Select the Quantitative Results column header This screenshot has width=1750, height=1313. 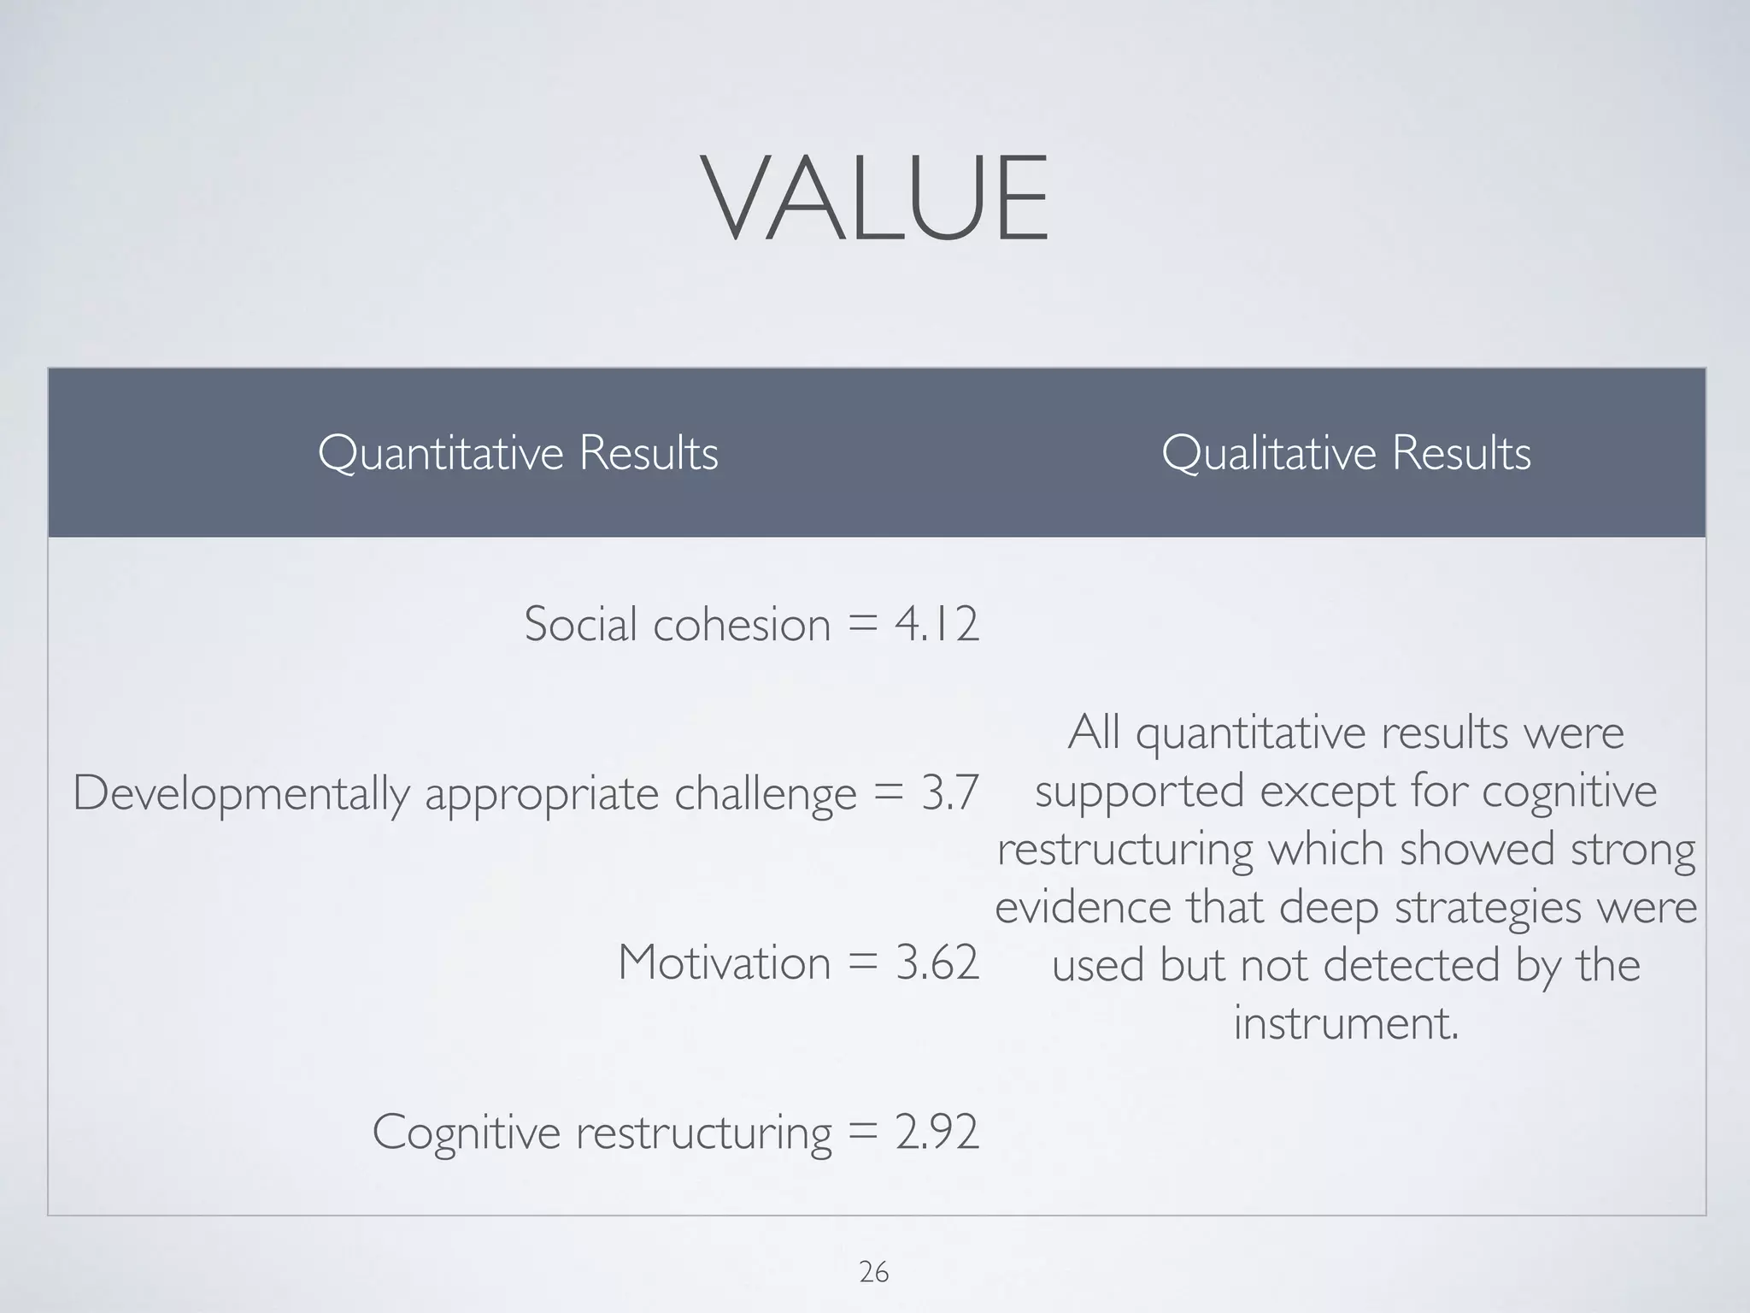(x=518, y=452)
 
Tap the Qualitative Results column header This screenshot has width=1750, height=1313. (x=1346, y=452)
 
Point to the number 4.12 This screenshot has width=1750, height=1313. (x=937, y=624)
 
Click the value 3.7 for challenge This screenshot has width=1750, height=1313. (x=949, y=793)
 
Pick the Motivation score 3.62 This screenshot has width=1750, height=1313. (x=937, y=963)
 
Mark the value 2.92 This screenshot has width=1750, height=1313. (x=937, y=1132)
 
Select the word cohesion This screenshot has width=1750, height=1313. (x=742, y=624)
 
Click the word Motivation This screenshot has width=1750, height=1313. (x=724, y=963)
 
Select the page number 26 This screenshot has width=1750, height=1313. (x=873, y=1273)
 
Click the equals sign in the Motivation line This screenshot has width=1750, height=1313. (x=863, y=964)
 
